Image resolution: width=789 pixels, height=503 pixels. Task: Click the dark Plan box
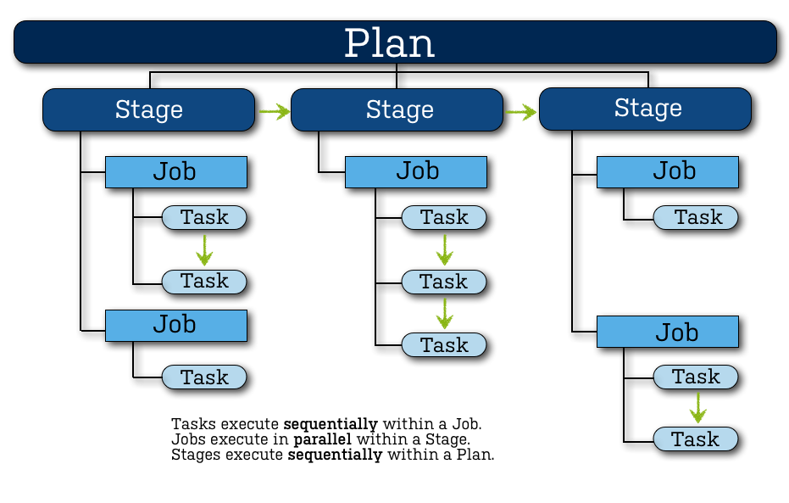pos(395,42)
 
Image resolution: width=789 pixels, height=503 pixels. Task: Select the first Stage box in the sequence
pos(148,110)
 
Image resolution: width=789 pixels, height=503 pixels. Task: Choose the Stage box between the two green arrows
pos(398,110)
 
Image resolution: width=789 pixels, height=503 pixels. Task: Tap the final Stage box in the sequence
pos(646,109)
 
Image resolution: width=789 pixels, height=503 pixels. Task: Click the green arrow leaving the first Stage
pos(274,110)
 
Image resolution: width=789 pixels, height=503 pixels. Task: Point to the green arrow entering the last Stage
pos(522,110)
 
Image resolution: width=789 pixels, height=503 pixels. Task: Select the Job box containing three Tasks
pos(416,171)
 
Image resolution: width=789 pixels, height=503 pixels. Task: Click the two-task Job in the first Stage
pos(175,172)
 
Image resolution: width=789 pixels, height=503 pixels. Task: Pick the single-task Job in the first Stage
pos(175,326)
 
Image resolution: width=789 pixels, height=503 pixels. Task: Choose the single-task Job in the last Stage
pos(668,171)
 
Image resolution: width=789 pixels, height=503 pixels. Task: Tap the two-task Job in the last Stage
pos(668,332)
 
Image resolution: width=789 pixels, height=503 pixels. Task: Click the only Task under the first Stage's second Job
pos(204,377)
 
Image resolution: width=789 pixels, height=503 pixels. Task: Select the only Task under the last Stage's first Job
pos(696,218)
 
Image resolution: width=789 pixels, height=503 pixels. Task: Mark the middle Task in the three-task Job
pos(443,282)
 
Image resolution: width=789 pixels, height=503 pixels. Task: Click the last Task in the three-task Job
pos(443,345)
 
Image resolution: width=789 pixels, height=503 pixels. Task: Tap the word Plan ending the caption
pos(475,455)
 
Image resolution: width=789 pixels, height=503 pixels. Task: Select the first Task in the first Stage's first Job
pos(204,218)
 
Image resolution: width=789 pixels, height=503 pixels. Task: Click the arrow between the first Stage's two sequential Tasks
pos(203,249)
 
